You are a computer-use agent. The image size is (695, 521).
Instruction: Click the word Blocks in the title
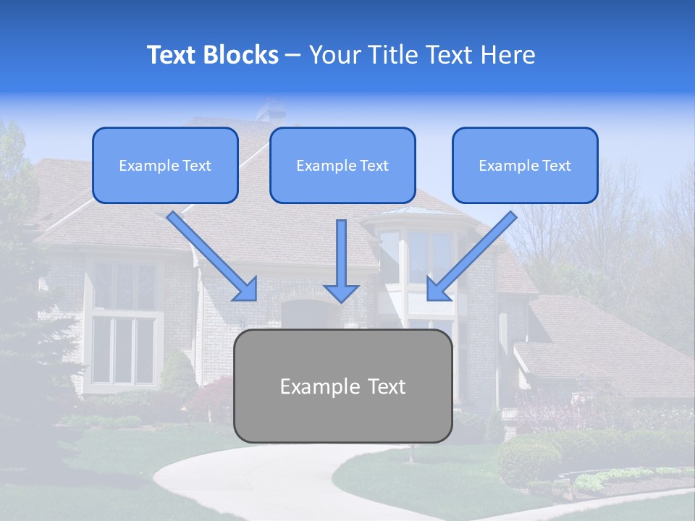[x=242, y=55]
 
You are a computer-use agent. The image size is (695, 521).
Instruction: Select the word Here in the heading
[x=508, y=55]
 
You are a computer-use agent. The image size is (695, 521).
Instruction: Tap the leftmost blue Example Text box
[x=165, y=166]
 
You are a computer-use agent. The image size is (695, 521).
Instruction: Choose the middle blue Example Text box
[x=342, y=166]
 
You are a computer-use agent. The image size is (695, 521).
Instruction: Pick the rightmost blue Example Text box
[x=525, y=166]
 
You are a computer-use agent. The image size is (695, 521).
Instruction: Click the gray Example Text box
[x=342, y=386]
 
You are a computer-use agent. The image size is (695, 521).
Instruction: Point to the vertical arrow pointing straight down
[x=341, y=260]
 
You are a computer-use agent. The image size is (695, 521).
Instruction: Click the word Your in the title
[x=333, y=55]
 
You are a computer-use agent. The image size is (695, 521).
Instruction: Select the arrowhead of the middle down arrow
[x=341, y=292]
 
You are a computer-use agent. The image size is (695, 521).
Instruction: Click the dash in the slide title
[x=293, y=55]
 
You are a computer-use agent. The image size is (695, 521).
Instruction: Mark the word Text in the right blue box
[x=556, y=166]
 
